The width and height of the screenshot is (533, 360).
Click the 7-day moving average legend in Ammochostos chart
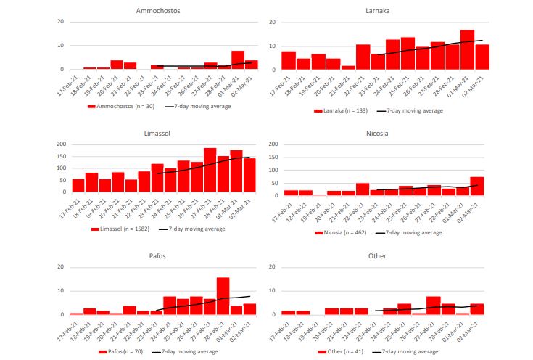coord(197,106)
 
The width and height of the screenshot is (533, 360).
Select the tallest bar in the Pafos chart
coord(223,296)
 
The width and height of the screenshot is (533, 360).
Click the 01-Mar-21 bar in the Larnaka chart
coord(467,50)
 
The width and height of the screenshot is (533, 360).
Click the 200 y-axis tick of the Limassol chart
coord(60,144)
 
